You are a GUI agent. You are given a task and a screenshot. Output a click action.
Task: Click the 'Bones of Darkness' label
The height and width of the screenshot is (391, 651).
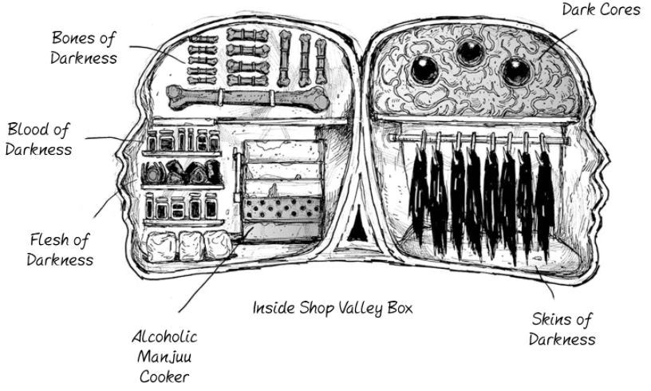pos(84,47)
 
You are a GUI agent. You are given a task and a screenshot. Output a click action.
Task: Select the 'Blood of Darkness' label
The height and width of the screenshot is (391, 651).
pos(38,139)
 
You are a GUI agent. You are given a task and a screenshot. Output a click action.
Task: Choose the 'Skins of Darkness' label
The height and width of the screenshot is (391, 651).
pos(562,329)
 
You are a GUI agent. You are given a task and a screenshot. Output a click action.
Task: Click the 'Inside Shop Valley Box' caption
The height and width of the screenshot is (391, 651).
pos(333,307)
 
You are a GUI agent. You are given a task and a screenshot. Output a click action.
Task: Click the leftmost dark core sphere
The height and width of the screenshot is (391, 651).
pos(423,70)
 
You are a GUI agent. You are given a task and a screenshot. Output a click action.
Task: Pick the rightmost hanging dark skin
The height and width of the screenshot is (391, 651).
pos(546,188)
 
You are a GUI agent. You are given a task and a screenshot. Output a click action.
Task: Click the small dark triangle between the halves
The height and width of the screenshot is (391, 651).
pos(352,231)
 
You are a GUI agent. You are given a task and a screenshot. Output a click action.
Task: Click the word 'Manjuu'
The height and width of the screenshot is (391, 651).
pos(164,356)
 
